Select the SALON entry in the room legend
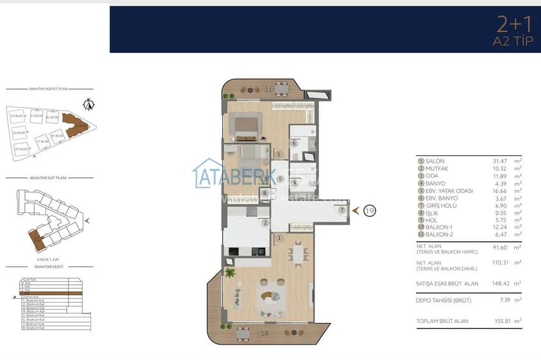click(x=435, y=162)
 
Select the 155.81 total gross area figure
click(x=493, y=321)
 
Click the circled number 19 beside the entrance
click(x=369, y=210)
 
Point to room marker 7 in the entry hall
click(x=342, y=210)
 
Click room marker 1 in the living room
click(x=279, y=238)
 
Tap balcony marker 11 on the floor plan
click(x=269, y=89)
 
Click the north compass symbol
click(x=90, y=104)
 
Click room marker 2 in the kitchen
click(x=265, y=223)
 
